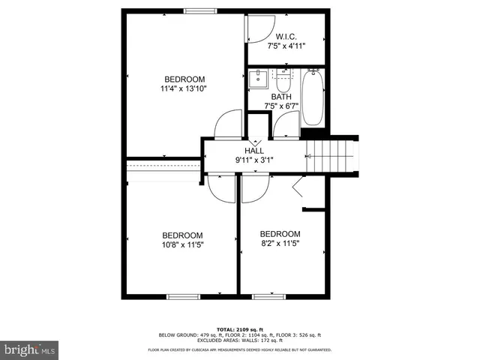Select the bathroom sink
point(259,78)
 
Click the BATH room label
point(281,97)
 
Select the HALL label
point(253,151)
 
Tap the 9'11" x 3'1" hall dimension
point(253,160)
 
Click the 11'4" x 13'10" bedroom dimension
point(184,88)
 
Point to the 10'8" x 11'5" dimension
point(183,244)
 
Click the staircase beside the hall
point(330,154)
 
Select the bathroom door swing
point(286,124)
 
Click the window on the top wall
point(197,10)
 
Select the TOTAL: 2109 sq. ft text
point(239,328)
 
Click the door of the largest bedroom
point(226,124)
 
